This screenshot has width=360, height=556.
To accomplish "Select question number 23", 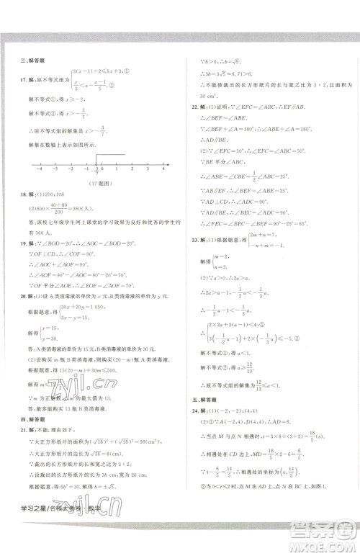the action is [x=194, y=259].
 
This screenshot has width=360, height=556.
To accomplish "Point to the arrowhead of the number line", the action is [x=172, y=167].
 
